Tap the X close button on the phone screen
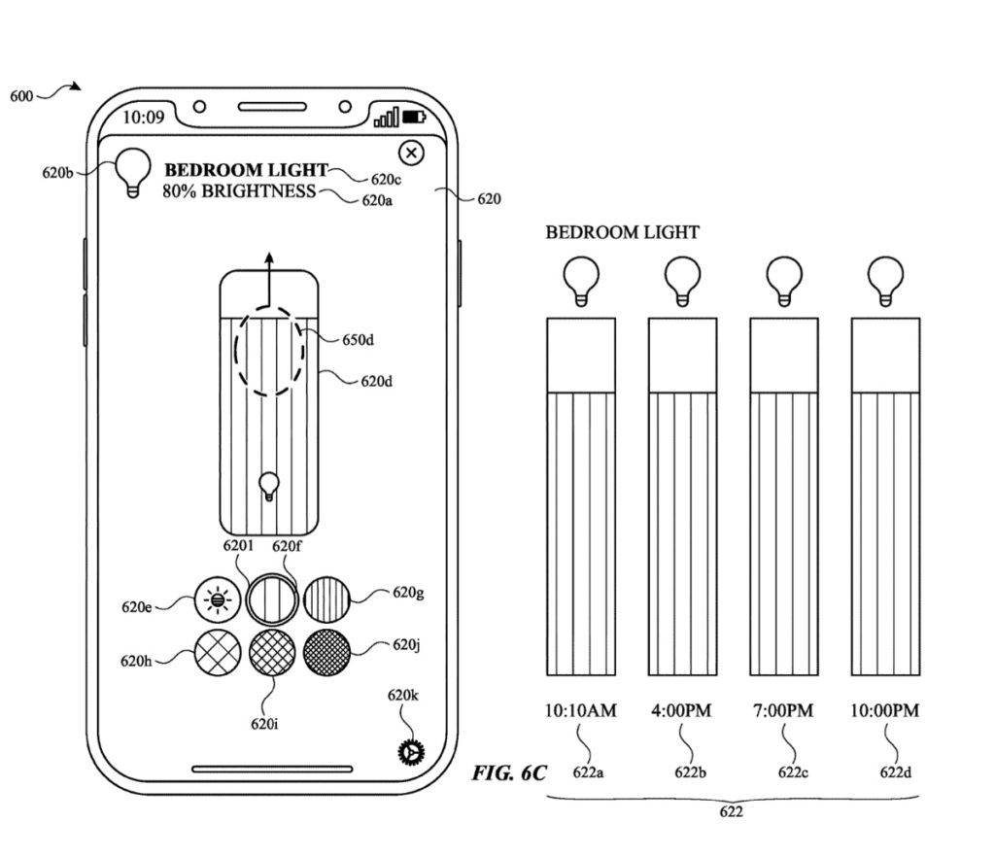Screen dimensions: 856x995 click(x=412, y=153)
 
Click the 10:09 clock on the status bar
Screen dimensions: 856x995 click(x=144, y=118)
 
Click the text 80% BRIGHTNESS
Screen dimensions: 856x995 click(x=239, y=191)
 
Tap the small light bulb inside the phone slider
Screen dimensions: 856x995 click(x=269, y=484)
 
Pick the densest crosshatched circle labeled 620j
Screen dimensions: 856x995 click(x=327, y=652)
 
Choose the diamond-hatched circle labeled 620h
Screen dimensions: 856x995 click(x=217, y=652)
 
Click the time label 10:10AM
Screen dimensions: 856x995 click(x=581, y=711)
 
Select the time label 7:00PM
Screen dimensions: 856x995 click(x=783, y=711)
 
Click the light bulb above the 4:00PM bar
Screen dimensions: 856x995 click(x=682, y=281)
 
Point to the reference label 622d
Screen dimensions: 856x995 click(x=895, y=771)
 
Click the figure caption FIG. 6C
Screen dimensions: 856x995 click(x=509, y=773)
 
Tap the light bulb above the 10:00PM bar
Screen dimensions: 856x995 click(x=885, y=281)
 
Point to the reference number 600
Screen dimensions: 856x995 click(x=22, y=96)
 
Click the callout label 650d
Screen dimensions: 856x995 click(x=358, y=340)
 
